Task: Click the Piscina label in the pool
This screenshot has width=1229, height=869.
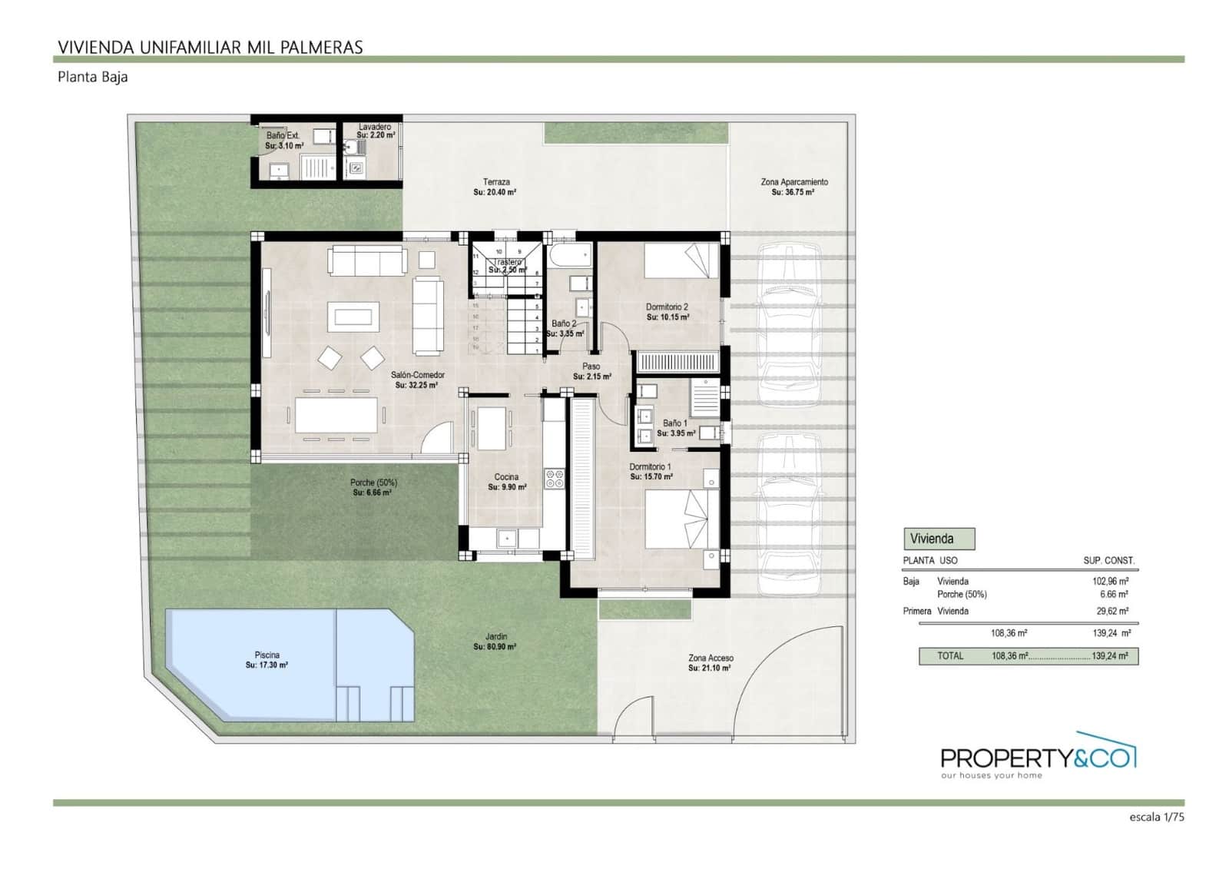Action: click(x=267, y=655)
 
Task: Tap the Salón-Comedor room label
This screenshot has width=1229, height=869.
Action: click(x=417, y=376)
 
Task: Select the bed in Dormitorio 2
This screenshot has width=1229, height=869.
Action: click(x=681, y=261)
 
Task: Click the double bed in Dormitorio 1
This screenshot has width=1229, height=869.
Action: click(x=681, y=519)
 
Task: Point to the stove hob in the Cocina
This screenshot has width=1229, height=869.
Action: click(x=555, y=479)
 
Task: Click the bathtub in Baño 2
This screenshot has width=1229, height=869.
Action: click(x=568, y=255)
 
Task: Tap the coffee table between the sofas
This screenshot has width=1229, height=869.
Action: click(x=353, y=317)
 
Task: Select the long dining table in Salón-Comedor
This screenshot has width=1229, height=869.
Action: click(x=336, y=415)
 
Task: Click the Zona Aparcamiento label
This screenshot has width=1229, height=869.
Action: click(x=794, y=182)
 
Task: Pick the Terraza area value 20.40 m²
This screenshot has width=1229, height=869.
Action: click(x=495, y=193)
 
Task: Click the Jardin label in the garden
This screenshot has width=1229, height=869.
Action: click(x=496, y=637)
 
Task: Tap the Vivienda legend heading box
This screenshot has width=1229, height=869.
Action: click(x=939, y=539)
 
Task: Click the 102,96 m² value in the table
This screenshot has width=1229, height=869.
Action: click(x=1110, y=582)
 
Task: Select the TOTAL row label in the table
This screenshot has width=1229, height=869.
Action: click(x=949, y=656)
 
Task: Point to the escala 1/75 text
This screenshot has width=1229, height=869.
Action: click(x=1157, y=818)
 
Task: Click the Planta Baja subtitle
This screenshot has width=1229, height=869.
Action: click(x=92, y=77)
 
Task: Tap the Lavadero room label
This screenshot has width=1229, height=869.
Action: click(x=375, y=127)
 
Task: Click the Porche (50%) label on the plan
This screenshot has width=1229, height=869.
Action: click(x=373, y=483)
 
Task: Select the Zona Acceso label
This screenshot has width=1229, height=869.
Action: click(x=711, y=658)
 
